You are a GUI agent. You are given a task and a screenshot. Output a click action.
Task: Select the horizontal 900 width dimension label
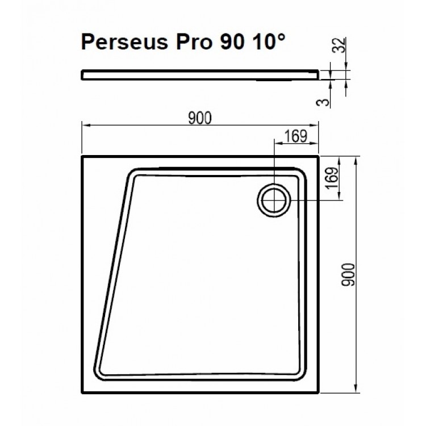200,118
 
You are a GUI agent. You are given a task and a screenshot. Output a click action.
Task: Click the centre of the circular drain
275,201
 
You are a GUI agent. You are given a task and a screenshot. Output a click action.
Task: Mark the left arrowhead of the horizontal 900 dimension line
85,125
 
